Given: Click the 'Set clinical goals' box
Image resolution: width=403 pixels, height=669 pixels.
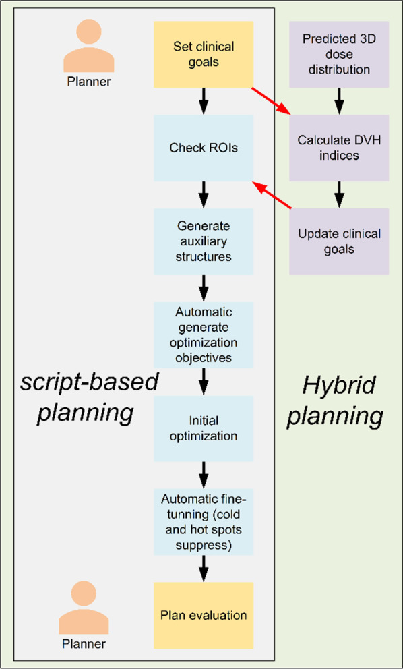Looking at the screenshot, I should [x=204, y=54].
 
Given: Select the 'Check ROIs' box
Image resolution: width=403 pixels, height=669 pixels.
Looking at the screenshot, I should [x=204, y=148].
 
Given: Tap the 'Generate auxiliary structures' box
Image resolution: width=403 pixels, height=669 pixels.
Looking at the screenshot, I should [x=204, y=241].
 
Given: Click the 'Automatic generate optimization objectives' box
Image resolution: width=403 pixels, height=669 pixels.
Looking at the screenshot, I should [x=204, y=335].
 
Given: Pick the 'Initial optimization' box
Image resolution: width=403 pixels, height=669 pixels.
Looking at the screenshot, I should [x=204, y=428].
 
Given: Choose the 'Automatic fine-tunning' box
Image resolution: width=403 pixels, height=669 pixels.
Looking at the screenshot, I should [x=204, y=521].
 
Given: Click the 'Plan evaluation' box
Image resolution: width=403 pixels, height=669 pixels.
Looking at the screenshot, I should [x=204, y=615].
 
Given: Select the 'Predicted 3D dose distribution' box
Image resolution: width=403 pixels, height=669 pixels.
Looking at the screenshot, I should [x=339, y=54].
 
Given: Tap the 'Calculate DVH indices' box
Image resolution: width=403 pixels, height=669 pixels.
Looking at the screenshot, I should [x=339, y=148].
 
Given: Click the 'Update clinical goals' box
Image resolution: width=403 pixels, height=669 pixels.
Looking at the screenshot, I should [x=339, y=241].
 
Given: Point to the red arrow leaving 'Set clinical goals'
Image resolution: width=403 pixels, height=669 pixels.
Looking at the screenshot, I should [x=271, y=100].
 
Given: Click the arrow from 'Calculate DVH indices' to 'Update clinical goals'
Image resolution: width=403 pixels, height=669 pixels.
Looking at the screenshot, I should [x=339, y=194].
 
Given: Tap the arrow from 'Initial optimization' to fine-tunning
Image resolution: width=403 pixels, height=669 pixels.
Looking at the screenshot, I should [x=204, y=474].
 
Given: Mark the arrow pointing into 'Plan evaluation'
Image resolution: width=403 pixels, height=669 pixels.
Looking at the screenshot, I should [x=204, y=568].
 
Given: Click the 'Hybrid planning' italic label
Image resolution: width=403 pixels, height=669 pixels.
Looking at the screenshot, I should [x=340, y=402].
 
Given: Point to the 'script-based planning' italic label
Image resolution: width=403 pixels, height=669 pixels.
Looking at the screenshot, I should [x=87, y=399].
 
